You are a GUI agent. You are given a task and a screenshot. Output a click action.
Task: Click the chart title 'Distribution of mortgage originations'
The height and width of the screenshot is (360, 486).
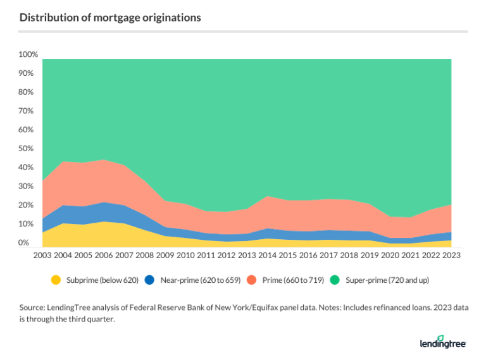point(110,18)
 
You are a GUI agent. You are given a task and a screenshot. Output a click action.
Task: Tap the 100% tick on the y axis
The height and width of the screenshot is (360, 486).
point(28,55)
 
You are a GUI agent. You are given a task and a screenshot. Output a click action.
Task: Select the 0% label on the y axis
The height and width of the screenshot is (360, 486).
point(24,243)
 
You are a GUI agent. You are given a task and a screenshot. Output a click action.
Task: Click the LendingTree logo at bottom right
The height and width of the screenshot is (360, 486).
point(442,342)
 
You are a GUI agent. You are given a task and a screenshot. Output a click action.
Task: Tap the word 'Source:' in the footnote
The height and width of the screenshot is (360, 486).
point(33,307)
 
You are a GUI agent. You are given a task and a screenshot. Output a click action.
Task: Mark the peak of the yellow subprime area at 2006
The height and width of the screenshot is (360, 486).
point(103,221)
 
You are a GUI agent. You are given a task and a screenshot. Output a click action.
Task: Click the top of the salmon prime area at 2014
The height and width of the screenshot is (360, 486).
point(267,196)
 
